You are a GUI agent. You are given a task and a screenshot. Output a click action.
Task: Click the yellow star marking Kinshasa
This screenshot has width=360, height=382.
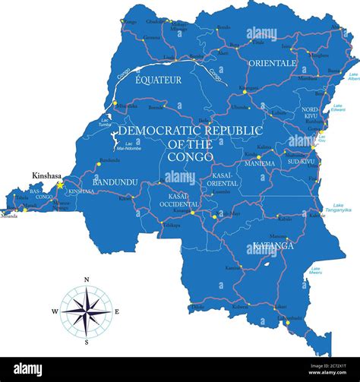(60, 185)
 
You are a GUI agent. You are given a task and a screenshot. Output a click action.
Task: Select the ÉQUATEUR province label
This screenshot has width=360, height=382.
(158, 79)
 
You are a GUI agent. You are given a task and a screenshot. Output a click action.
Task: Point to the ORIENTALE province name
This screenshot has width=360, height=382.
(272, 63)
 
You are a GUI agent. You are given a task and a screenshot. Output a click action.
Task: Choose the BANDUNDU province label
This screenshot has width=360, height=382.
(114, 183)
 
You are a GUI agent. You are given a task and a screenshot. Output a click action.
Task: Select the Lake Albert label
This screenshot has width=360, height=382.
(353, 77)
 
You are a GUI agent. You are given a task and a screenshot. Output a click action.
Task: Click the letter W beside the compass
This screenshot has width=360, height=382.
(55, 311)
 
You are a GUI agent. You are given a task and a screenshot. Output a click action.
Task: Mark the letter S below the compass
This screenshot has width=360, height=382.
(87, 343)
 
